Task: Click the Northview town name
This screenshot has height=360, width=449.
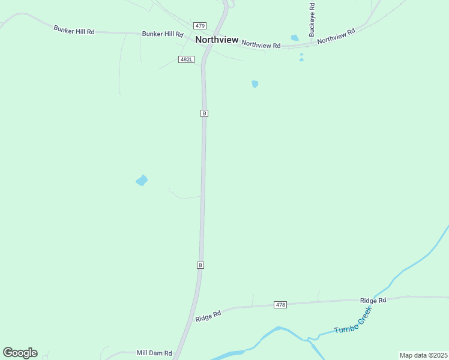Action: (217, 40)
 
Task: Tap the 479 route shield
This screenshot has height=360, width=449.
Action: (200, 26)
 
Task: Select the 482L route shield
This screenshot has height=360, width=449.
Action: (186, 59)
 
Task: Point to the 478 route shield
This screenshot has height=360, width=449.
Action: (280, 305)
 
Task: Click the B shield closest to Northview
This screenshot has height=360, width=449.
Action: (204, 113)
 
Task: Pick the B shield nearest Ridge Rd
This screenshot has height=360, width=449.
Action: (200, 265)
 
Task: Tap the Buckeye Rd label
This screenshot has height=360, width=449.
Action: (312, 20)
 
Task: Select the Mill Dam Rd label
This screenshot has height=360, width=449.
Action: (154, 353)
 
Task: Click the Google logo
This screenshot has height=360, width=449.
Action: (20, 353)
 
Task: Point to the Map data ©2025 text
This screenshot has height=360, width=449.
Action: (423, 355)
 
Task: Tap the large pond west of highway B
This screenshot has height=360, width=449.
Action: (142, 180)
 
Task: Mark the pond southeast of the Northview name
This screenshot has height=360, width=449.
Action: (255, 84)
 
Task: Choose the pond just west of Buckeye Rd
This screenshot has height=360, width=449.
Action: (295, 38)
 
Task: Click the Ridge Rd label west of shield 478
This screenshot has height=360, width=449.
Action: (208, 316)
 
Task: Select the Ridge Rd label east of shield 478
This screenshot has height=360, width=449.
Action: (373, 300)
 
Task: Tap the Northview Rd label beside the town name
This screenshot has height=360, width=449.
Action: (261, 45)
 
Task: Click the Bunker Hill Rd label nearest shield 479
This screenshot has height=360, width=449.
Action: (162, 35)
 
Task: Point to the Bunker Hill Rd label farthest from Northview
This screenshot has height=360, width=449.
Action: (74, 29)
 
